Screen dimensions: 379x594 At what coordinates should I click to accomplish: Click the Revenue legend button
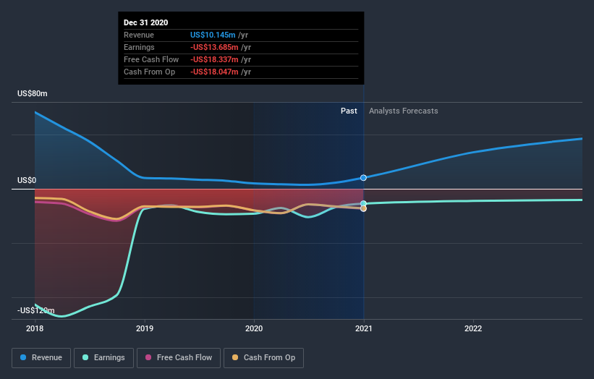click(x=41, y=357)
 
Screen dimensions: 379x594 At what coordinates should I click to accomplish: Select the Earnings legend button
click(x=103, y=357)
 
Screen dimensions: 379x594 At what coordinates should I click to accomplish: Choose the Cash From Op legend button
click(x=263, y=357)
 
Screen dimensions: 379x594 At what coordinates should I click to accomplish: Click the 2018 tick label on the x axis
click(x=35, y=328)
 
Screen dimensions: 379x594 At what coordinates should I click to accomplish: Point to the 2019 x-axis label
click(x=145, y=328)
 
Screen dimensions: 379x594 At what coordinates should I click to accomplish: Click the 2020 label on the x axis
click(x=254, y=328)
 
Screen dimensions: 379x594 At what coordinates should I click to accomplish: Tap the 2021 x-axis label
click(x=363, y=328)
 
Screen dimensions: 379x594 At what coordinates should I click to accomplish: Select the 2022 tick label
click(x=473, y=328)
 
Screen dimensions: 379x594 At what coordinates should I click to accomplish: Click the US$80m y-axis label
click(x=33, y=94)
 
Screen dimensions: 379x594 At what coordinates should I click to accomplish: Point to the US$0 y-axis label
click(x=28, y=180)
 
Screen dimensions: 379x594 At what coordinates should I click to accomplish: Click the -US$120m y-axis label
click(x=36, y=310)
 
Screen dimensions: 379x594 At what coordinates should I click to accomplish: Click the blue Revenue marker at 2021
click(x=363, y=177)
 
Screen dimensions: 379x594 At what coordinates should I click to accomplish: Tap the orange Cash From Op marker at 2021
click(x=363, y=208)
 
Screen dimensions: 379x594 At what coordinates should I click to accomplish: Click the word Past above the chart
click(x=349, y=111)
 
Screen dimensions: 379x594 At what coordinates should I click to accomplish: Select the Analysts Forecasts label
click(x=403, y=111)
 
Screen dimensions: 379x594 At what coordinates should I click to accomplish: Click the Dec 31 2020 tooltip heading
click(x=145, y=22)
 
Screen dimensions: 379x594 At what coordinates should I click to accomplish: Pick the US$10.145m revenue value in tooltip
click(x=219, y=35)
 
